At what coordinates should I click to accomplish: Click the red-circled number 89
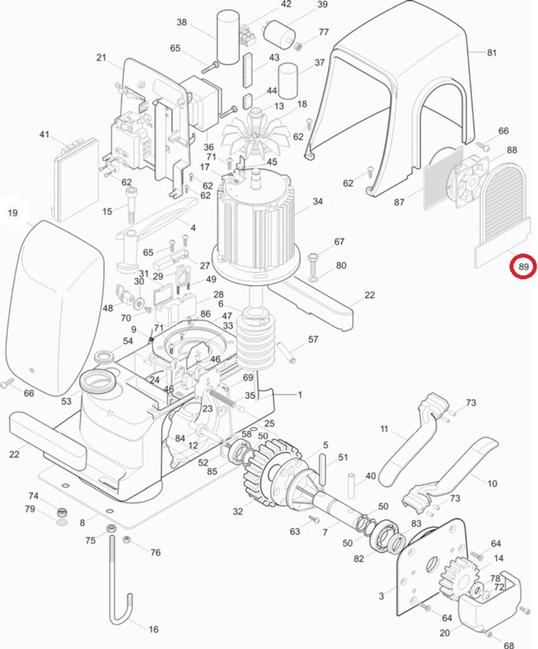point(523,267)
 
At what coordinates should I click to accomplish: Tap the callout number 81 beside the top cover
point(491,52)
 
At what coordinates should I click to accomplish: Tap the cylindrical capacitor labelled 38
point(228,38)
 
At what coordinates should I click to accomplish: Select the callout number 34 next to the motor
point(318,201)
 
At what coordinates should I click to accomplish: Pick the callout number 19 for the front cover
point(13,212)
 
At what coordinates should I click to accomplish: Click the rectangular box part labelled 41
point(77,180)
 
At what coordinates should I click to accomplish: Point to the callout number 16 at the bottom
point(154,629)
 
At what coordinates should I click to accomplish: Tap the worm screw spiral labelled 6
point(256,338)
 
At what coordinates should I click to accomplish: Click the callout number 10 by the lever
point(492,484)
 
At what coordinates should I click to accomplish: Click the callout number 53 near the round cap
point(66,401)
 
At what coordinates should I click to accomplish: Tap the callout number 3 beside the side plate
point(381,596)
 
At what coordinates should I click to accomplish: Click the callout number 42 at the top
point(286,4)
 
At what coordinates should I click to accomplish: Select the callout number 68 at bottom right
point(509,645)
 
